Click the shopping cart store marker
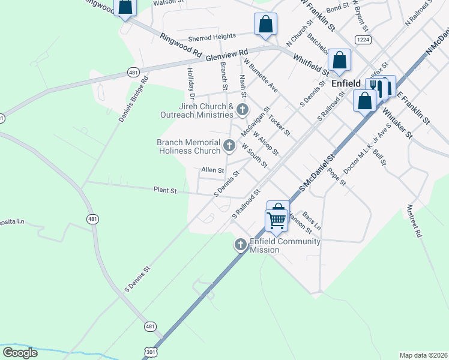click(276, 219)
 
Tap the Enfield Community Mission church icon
click(240, 244)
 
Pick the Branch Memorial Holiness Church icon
click(229, 145)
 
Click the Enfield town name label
click(346, 85)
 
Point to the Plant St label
click(165, 191)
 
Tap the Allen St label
click(212, 170)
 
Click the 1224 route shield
click(361, 40)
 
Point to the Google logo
click(20, 353)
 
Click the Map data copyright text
click(423, 355)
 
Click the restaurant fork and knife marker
click(376, 88)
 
